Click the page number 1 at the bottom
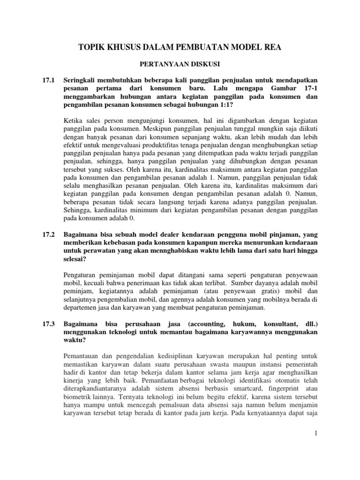pyautogui.click(x=316, y=435)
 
